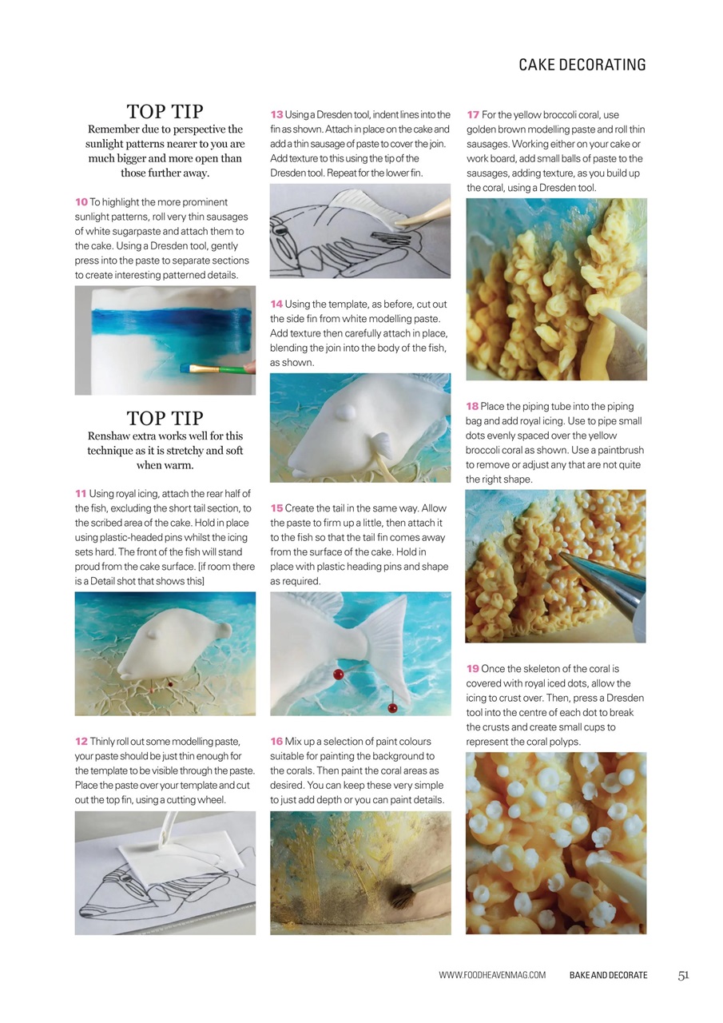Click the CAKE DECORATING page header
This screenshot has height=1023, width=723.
[582, 65]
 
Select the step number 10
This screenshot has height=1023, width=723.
[81, 202]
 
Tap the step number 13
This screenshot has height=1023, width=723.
[276, 115]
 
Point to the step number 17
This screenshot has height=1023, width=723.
[473, 115]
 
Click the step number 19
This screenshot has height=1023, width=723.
[472, 669]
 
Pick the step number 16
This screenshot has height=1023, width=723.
[276, 742]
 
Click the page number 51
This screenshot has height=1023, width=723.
[683, 975]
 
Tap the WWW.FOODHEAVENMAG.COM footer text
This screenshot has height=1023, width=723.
[492, 975]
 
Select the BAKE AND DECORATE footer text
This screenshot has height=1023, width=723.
[608, 975]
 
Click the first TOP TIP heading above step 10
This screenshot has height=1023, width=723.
[165, 111]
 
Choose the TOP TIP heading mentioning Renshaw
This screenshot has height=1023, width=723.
[165, 418]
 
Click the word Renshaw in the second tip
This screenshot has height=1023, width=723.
[110, 436]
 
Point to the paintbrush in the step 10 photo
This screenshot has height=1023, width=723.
[216, 369]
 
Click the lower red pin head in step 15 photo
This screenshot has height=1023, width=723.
[392, 708]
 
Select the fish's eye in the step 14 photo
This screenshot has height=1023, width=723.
[345, 412]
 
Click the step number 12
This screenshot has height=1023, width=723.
[81, 742]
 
